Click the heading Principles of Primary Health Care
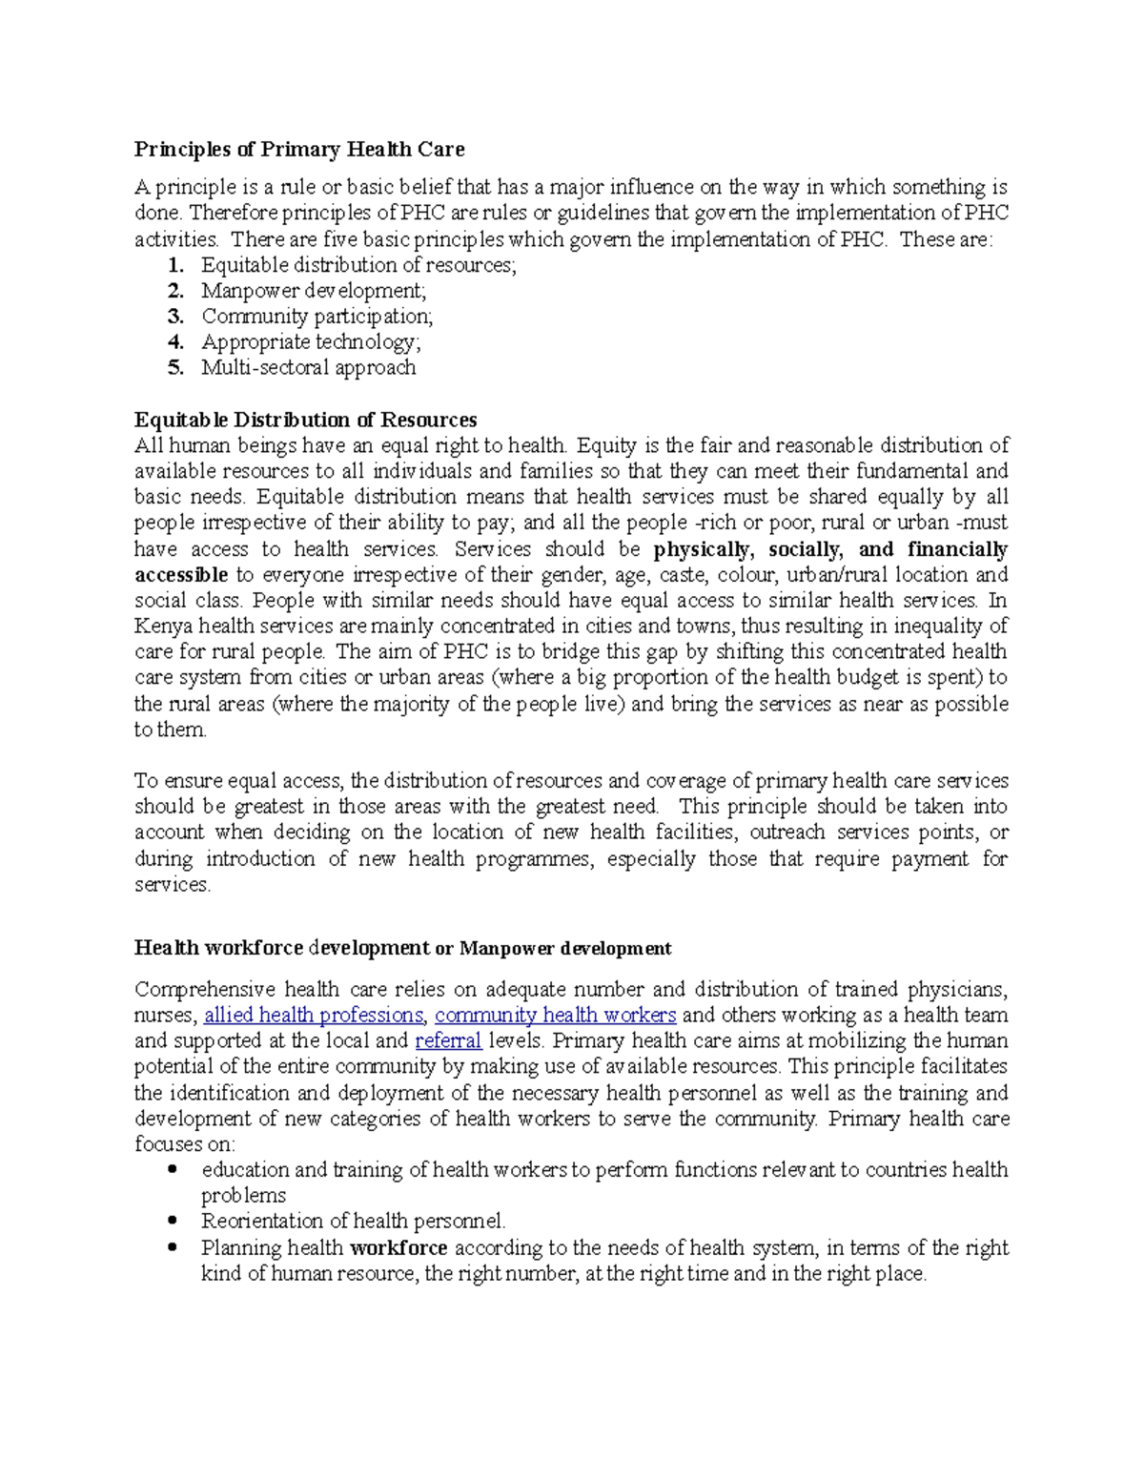pos(298,150)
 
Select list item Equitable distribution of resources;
pos(358,265)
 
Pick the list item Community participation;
pos(317,317)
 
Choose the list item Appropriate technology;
pos(310,342)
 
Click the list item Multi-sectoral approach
pos(308,368)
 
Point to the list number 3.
pos(174,317)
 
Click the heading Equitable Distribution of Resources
pos(305,421)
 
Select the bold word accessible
pos(180,575)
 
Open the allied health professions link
pos(314,1016)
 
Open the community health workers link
pos(555,1016)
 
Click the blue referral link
pos(448,1041)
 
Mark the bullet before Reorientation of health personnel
pos(173,1221)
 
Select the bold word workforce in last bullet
pos(398,1248)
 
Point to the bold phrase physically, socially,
pos(747,549)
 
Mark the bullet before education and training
pos(173,1169)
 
